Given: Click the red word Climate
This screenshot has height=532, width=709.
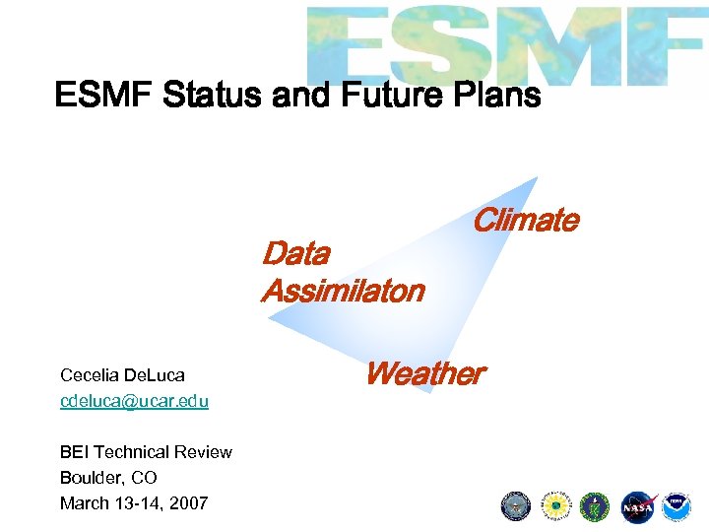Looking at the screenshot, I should click(x=525, y=221).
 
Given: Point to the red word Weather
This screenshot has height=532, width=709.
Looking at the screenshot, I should click(x=423, y=374).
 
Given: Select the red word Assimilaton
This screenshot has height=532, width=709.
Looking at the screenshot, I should click(x=342, y=292).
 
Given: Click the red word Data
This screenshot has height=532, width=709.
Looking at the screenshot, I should click(x=295, y=254).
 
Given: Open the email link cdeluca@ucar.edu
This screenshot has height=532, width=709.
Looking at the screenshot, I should click(x=134, y=401).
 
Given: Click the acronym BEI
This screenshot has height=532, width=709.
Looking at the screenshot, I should click(x=74, y=452).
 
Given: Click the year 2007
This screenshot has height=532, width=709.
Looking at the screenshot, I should click(x=189, y=503).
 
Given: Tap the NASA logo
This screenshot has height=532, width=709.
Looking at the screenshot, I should click(x=637, y=506).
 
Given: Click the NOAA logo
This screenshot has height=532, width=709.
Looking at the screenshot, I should click(x=677, y=506).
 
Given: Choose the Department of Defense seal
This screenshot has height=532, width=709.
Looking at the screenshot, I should click(x=516, y=506).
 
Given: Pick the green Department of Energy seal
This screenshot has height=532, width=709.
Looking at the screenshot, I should click(x=595, y=506).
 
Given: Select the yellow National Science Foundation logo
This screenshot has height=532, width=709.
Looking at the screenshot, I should click(x=556, y=506).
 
